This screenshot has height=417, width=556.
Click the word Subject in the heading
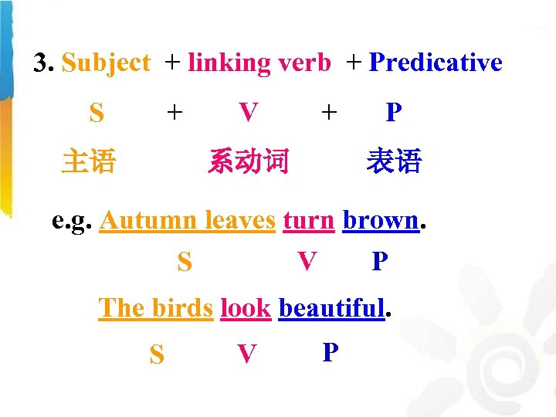106,63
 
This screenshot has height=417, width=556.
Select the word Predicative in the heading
436,63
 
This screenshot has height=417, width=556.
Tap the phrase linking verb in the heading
259,63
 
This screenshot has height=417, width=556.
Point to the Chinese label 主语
89,162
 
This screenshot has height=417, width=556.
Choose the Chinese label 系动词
248,162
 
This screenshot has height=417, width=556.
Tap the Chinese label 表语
394,162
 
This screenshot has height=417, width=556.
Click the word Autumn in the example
149,221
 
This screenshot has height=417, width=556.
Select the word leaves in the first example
239,221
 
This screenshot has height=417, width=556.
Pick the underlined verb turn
308,221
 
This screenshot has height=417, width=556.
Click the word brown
380,221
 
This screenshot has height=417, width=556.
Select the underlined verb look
245,308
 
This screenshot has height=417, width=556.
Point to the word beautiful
331,308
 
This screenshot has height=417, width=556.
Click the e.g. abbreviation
73,221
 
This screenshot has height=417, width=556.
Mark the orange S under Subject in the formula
97,114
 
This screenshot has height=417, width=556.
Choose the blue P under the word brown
379,263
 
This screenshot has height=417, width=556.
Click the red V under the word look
246,354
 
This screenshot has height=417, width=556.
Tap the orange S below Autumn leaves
185,263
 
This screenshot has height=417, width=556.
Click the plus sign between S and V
175,114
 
